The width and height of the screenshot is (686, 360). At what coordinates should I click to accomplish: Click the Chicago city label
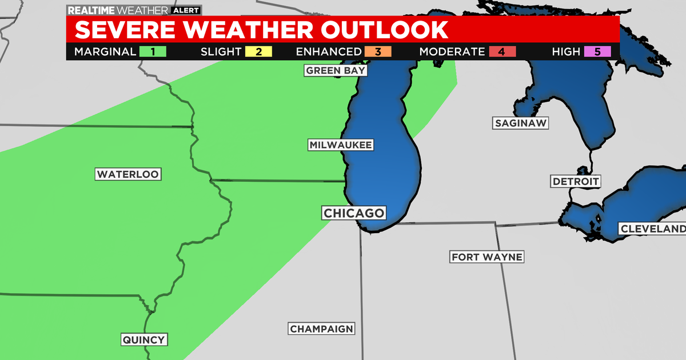(x=354, y=213)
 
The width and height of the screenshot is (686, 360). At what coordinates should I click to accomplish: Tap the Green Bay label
(x=335, y=70)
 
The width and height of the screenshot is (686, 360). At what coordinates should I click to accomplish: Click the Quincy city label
(x=144, y=340)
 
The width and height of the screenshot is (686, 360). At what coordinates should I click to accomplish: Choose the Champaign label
(x=322, y=329)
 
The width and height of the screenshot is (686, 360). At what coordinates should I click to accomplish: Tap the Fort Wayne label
(x=486, y=257)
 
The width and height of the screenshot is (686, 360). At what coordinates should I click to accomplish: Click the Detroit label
(x=576, y=182)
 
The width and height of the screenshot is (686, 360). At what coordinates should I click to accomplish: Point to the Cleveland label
(x=652, y=229)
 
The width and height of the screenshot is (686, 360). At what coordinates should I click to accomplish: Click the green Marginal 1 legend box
(x=153, y=52)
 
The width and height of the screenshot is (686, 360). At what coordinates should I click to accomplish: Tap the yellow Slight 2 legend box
(x=258, y=52)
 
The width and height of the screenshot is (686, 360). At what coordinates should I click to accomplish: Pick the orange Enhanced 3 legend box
(x=378, y=52)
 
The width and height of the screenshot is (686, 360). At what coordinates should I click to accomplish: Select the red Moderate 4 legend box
(x=501, y=52)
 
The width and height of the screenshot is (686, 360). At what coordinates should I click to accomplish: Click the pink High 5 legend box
(x=597, y=52)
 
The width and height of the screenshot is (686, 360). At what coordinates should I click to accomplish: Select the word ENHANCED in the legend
(x=329, y=52)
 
